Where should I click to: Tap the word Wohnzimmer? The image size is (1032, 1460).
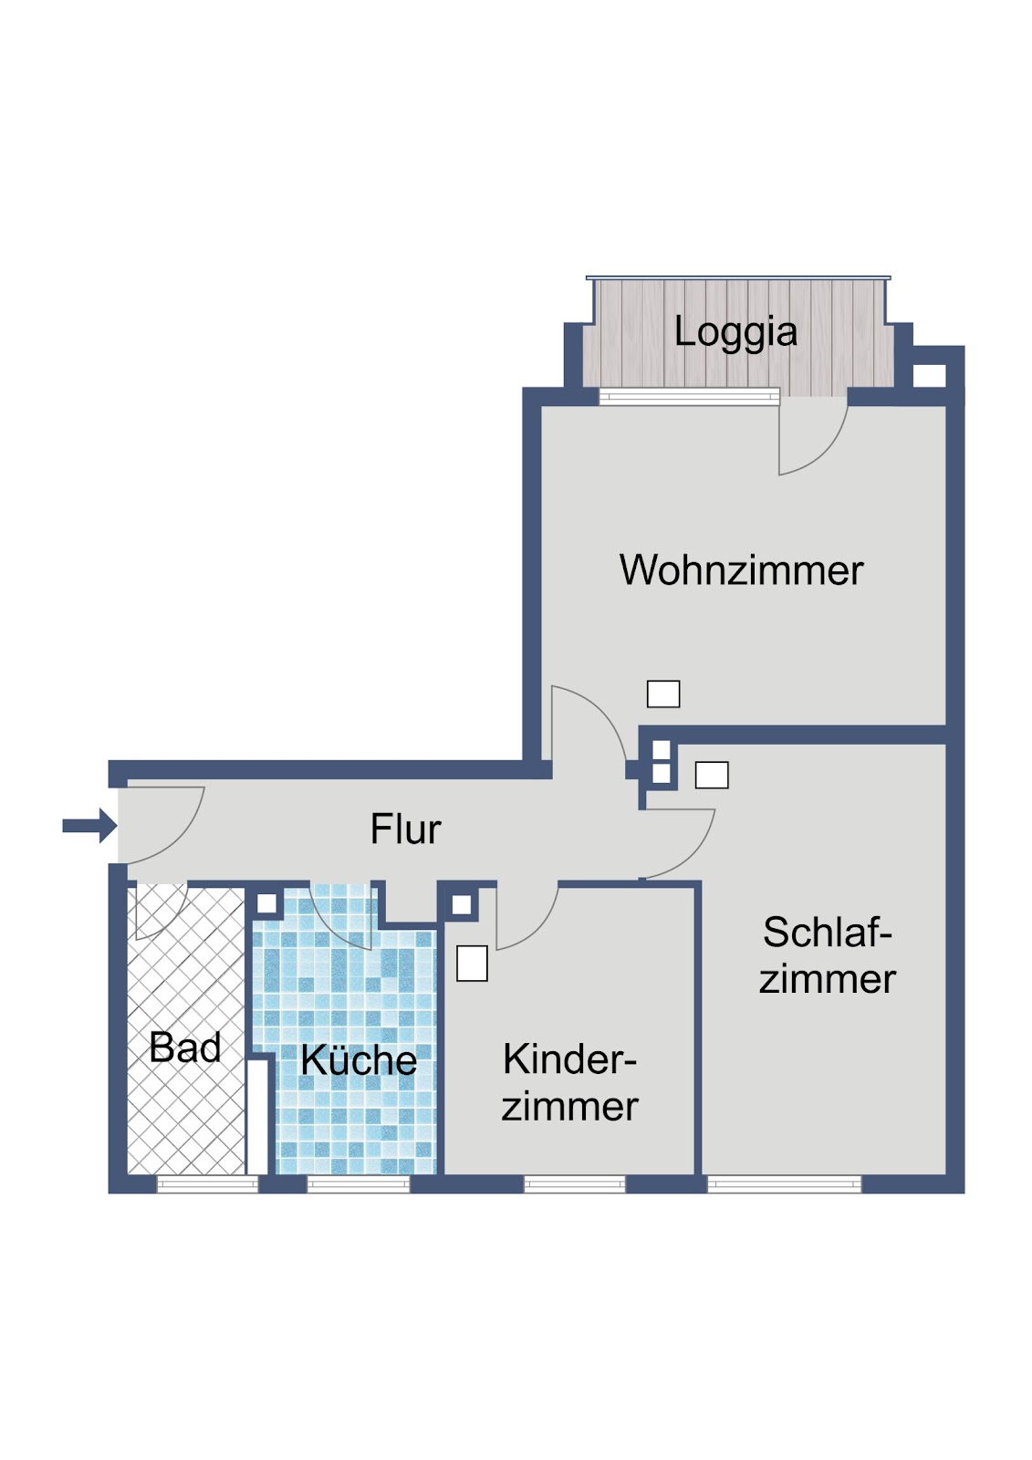click(741, 570)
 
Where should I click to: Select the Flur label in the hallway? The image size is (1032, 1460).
click(405, 829)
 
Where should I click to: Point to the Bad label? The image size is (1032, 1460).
click(185, 1048)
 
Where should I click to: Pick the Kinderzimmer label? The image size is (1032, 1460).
click(569, 1082)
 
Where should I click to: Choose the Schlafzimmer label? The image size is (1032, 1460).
click(828, 955)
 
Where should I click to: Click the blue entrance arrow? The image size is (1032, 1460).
click(90, 826)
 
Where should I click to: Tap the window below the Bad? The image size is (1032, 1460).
click(207, 1184)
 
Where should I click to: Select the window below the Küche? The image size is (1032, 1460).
click(358, 1184)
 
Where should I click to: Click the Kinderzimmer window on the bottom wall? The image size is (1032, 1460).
click(574, 1184)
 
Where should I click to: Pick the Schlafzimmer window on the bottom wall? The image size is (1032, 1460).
click(784, 1184)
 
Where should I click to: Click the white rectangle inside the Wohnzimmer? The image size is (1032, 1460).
click(663, 694)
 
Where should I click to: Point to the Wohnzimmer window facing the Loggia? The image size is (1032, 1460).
click(689, 396)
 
